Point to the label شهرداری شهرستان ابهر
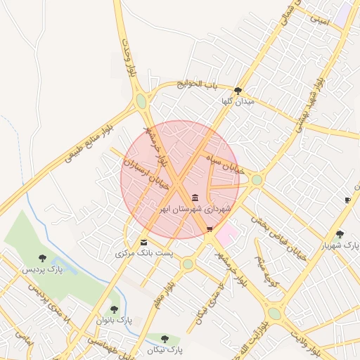click(x=194, y=209)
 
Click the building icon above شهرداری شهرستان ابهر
click(x=195, y=198)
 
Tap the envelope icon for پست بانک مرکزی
click(x=143, y=243)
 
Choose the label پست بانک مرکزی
click(x=143, y=252)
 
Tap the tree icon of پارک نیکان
click(x=165, y=339)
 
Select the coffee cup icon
click(x=347, y=200)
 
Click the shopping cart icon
click(x=210, y=229)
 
